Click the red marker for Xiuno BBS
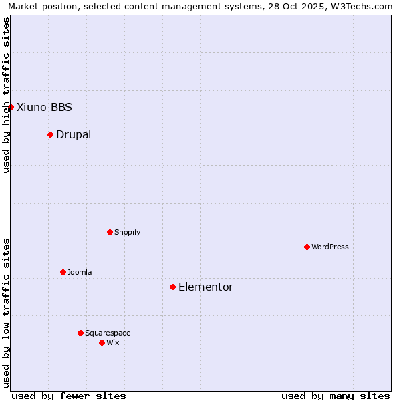click(11, 107)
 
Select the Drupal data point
click(50, 134)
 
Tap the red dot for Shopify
click(110, 232)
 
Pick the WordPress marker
click(307, 247)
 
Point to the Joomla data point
click(63, 272)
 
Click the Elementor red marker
click(172, 287)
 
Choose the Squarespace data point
click(80, 333)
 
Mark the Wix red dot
click(102, 342)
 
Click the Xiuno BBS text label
click(44, 107)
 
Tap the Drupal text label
click(74, 134)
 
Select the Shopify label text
click(127, 232)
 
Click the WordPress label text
click(330, 247)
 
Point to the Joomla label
click(80, 272)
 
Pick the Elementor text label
click(206, 287)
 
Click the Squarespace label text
click(108, 333)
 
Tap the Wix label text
click(113, 342)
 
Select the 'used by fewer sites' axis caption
click(69, 396)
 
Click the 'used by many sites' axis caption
click(336, 396)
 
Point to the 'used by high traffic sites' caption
click(6, 95)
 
